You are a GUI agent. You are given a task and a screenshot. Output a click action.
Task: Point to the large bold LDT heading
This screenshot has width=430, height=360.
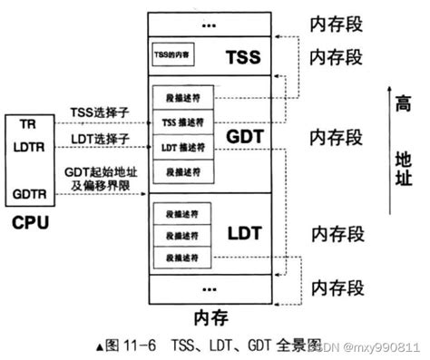tap(244, 233)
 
